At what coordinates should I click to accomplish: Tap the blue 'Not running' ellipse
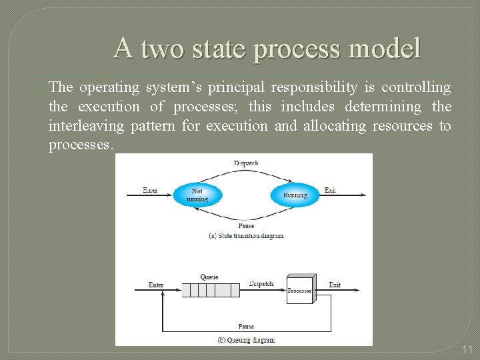click(x=197, y=195)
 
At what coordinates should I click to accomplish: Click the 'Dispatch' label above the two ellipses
click(x=246, y=163)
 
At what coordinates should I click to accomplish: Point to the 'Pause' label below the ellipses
click(x=246, y=226)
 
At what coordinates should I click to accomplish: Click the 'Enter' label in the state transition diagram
click(x=151, y=190)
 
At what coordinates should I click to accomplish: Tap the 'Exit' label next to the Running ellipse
click(x=330, y=190)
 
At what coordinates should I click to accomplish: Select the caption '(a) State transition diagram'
click(x=245, y=235)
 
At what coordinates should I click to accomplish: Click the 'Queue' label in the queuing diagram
click(x=209, y=277)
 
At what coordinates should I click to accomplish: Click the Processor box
click(x=299, y=289)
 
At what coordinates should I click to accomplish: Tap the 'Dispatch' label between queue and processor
click(x=261, y=283)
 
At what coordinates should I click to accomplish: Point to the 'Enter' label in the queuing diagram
click(x=156, y=285)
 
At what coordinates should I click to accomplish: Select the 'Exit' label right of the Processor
click(x=335, y=285)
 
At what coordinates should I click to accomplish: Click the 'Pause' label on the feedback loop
click(x=246, y=326)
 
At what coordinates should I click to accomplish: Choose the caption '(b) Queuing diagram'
click(x=245, y=339)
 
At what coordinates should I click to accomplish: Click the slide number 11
click(x=467, y=349)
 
